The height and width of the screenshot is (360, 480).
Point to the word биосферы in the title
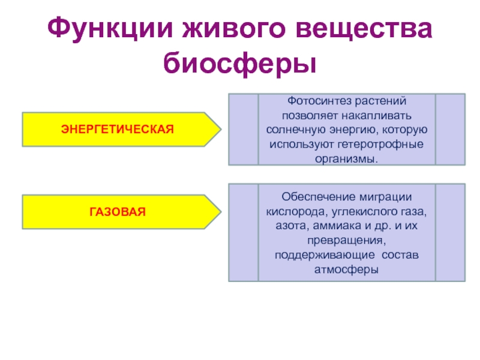click(x=240, y=63)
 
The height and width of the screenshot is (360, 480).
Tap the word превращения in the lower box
click(x=346, y=241)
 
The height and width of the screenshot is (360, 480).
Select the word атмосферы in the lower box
click(x=346, y=269)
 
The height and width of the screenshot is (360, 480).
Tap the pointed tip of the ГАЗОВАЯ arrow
click(x=220, y=211)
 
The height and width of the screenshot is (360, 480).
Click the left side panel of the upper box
click(x=243, y=129)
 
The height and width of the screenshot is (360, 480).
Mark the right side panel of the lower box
click(x=450, y=233)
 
